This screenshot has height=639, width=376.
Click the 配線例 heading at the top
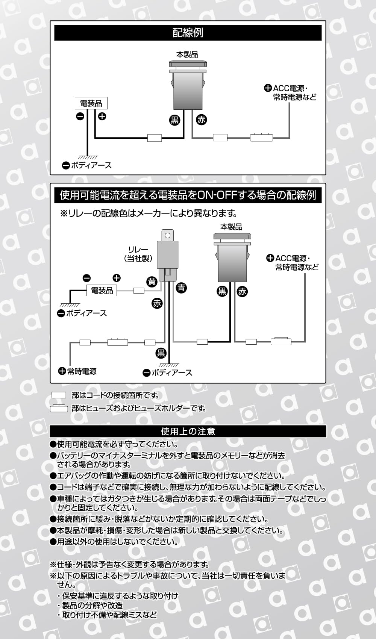tap(188, 33)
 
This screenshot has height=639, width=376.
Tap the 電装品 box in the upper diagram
tap(91, 103)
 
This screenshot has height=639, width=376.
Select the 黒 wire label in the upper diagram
tap(174, 120)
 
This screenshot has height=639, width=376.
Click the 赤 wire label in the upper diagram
tap(202, 120)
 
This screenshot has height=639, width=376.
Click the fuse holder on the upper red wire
tap(261, 137)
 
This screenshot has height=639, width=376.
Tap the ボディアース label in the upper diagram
tap(87, 165)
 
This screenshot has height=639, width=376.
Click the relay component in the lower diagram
tap(168, 256)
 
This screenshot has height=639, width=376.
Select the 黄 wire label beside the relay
tap(152, 282)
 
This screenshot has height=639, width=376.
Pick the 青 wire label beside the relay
tap(182, 288)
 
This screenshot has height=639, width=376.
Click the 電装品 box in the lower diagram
tap(102, 291)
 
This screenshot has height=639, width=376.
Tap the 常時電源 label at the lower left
tap(78, 371)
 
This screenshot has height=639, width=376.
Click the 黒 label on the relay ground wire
tap(161, 353)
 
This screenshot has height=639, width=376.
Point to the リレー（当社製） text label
tap(138, 254)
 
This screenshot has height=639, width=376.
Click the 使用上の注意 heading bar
tap(188, 431)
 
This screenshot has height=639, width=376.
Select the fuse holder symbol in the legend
tap(59, 408)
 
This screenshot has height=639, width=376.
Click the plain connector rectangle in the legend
tap(59, 395)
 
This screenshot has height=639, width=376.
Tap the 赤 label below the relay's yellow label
tap(157, 303)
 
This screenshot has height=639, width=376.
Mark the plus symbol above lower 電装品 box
tap(117, 278)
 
